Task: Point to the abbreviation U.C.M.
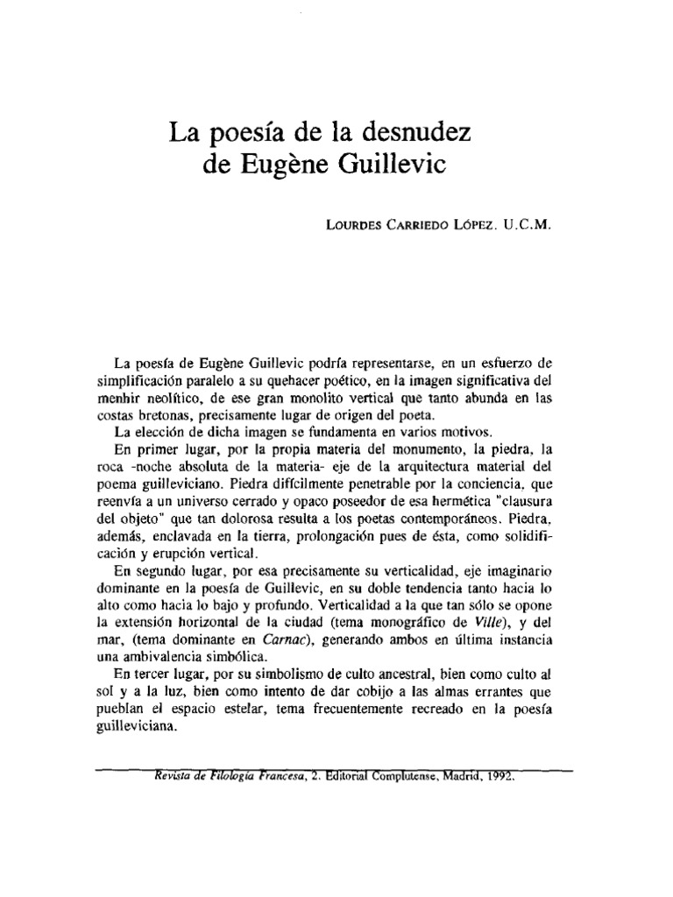pyautogui.click(x=528, y=223)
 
